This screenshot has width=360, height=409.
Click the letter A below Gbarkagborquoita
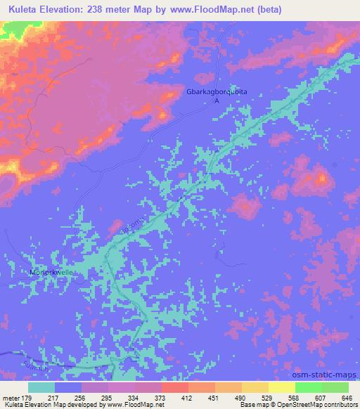coord(217,101)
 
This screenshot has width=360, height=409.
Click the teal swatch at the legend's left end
coord(41,387)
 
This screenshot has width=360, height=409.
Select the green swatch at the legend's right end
coord(335,387)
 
